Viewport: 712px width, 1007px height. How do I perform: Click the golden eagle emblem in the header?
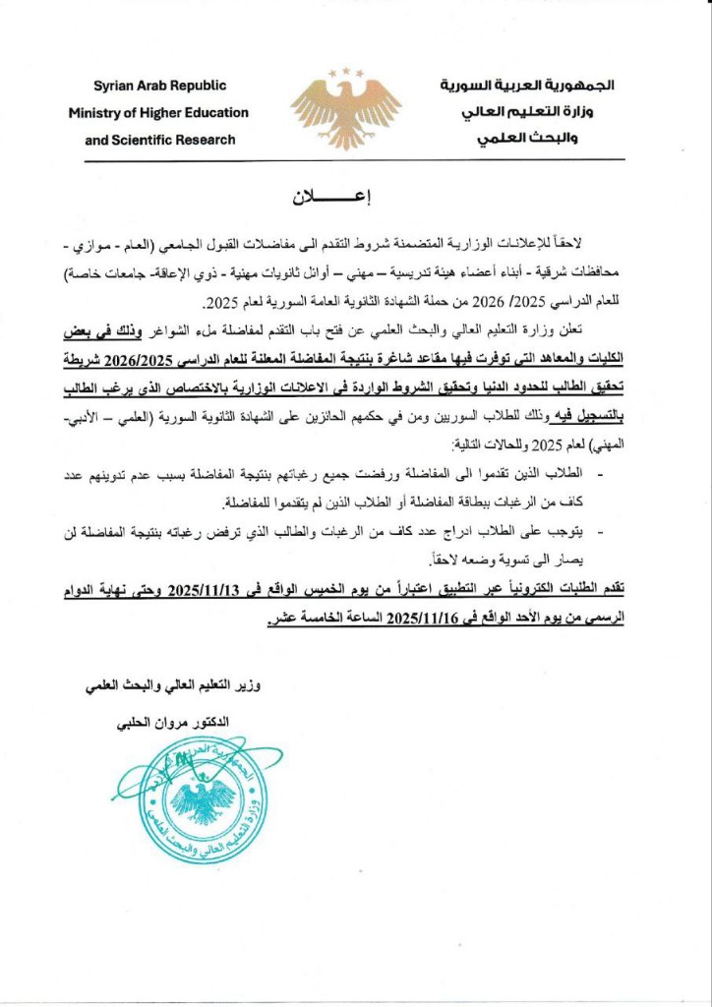(x=346, y=111)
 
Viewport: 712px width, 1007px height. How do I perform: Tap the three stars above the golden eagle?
(x=346, y=72)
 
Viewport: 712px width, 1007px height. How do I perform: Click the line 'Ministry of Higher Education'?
(x=158, y=113)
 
